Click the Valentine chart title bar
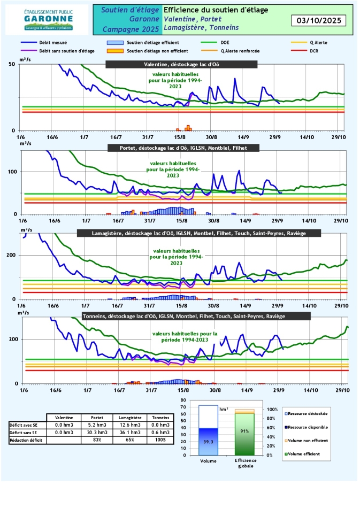click(x=181, y=64)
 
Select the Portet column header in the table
click(x=97, y=418)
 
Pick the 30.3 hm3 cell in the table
click(x=97, y=433)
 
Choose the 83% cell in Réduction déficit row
click(x=97, y=440)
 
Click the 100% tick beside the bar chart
click(x=273, y=410)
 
